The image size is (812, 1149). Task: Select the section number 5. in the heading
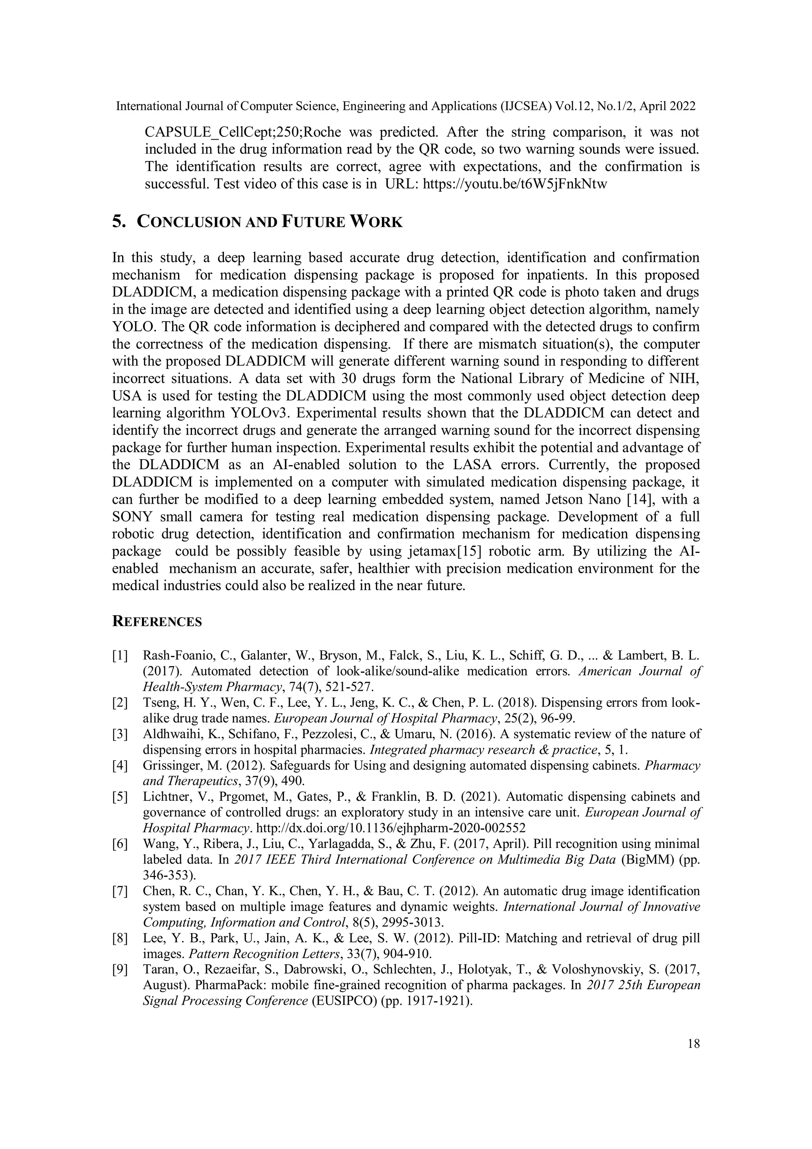[119, 222]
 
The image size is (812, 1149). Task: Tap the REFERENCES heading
[157, 621]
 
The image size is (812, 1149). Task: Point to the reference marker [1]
[120, 656]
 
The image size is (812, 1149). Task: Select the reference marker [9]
[120, 969]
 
